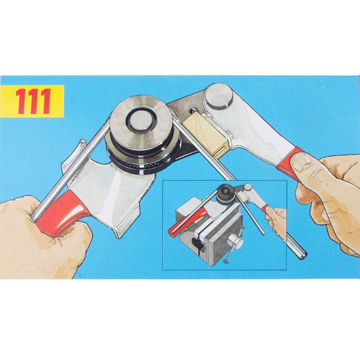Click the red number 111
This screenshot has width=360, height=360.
34,101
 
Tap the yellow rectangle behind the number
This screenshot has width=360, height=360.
32,101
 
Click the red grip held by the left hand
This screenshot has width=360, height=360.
62,212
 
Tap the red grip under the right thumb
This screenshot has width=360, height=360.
291,160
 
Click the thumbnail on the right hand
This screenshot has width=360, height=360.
301,161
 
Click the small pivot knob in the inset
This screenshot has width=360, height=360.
249,187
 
